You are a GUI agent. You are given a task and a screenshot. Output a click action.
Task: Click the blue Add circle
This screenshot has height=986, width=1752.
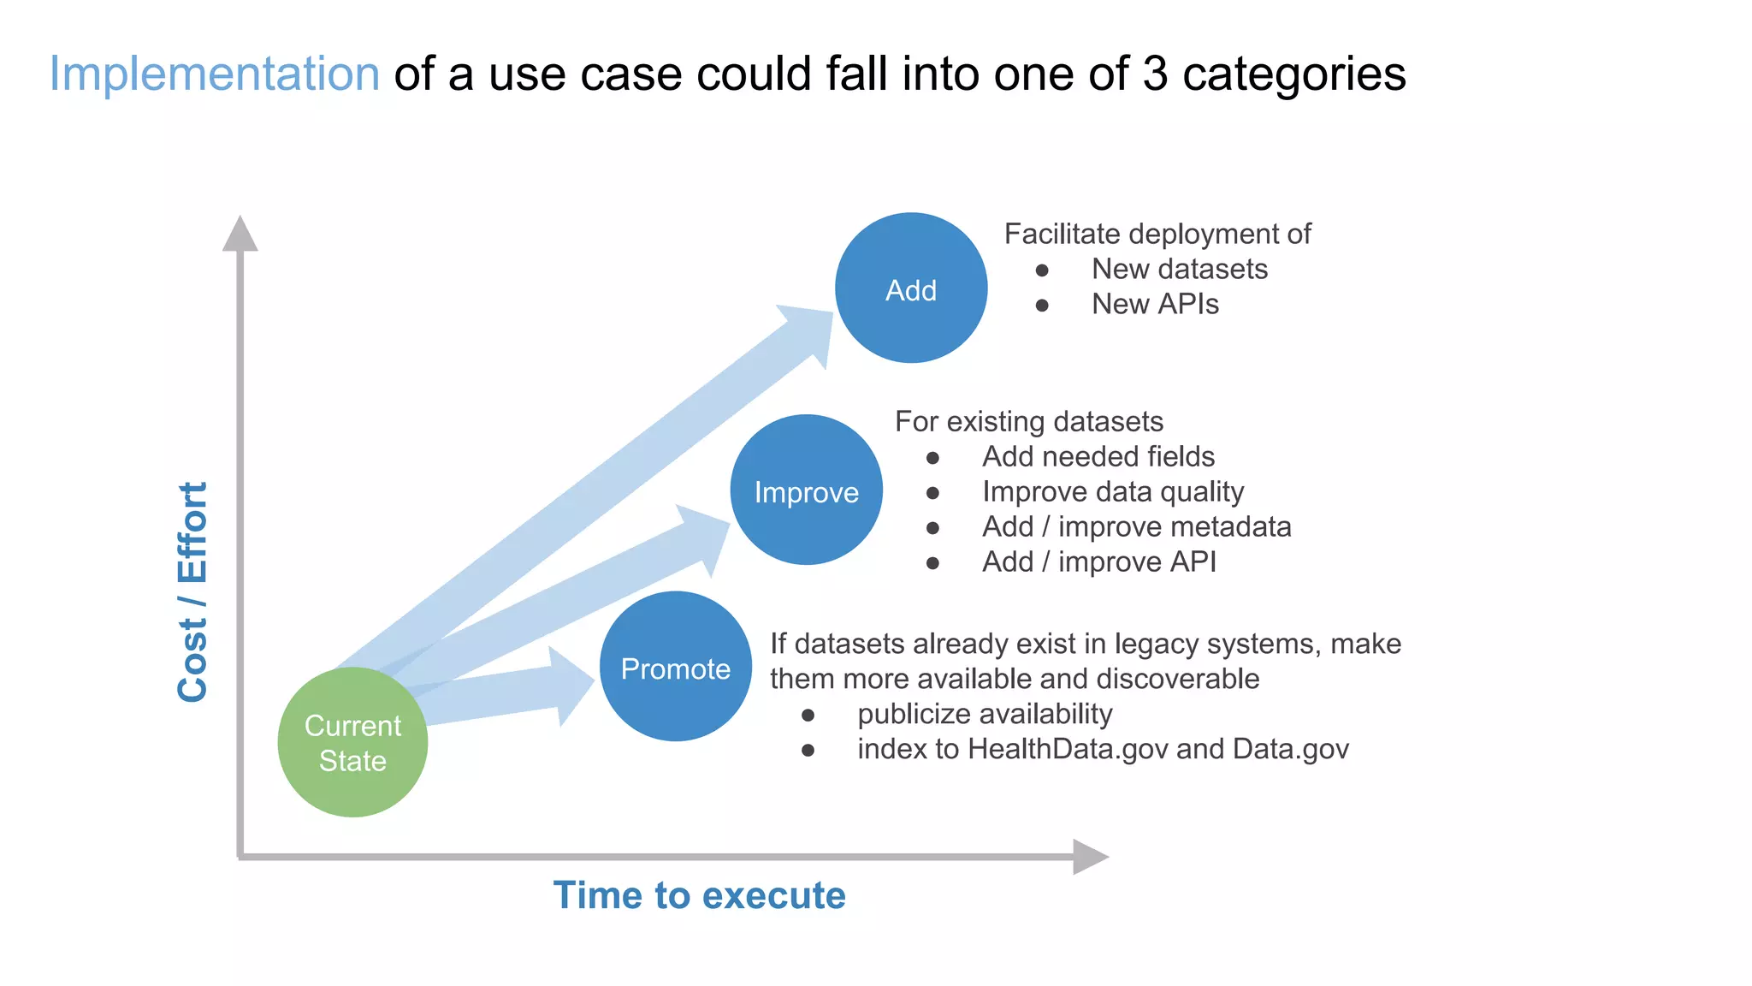[x=911, y=288]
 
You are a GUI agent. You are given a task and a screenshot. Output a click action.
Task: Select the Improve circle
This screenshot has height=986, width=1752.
[x=806, y=490]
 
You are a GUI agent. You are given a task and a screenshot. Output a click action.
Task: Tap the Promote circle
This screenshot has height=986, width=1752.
[x=676, y=667]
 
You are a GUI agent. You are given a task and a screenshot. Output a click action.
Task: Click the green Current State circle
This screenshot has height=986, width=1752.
[x=352, y=742]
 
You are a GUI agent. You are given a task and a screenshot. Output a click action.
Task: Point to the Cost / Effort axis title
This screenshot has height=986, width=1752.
[x=192, y=592]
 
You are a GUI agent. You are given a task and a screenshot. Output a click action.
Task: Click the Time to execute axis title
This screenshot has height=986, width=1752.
[x=699, y=895]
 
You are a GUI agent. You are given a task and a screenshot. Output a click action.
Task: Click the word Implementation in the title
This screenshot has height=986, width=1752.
[x=214, y=74]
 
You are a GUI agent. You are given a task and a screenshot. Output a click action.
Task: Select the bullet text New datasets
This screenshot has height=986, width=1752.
[x=1179, y=269]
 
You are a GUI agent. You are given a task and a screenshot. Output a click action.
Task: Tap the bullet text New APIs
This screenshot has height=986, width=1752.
[x=1155, y=304]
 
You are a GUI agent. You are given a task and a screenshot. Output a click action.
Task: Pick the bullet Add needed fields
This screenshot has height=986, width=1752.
[x=1098, y=456]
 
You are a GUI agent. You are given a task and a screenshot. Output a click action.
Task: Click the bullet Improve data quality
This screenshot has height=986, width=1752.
[x=1112, y=491]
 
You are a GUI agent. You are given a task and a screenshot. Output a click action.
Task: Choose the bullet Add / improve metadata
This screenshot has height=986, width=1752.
[x=1136, y=526]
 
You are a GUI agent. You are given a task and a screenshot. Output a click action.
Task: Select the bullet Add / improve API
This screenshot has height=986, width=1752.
[x=1098, y=561]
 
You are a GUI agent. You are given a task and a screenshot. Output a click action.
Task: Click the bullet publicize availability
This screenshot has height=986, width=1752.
[x=985, y=713]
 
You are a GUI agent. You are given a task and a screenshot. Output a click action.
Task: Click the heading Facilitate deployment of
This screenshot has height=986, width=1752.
[x=1157, y=234]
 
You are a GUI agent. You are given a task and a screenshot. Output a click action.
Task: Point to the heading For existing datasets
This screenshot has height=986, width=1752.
[x=1028, y=421]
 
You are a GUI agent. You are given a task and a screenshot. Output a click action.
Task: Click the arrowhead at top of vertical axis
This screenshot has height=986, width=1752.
[x=240, y=234]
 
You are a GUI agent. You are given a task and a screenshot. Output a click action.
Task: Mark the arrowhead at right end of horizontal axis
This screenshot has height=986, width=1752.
[x=1089, y=856]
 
